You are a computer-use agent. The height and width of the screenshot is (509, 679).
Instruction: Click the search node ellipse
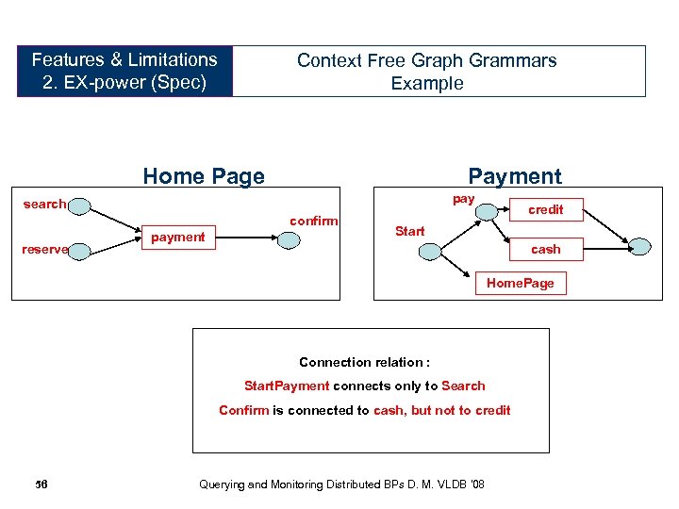(78, 205)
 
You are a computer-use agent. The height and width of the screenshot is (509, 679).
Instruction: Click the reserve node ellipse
(80, 250)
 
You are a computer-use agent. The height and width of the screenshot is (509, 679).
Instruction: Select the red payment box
(177, 237)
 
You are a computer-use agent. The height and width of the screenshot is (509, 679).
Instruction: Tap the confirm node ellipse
(289, 238)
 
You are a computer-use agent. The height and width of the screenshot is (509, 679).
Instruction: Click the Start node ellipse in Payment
(430, 250)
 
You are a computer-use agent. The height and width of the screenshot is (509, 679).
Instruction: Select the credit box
(545, 209)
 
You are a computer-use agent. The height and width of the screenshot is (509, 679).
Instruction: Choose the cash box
(545, 249)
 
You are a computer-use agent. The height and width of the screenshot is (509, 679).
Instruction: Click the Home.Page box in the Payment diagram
(520, 283)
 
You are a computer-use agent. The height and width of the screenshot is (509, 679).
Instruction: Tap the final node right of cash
(639, 247)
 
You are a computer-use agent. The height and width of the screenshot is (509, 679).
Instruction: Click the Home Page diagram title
(204, 176)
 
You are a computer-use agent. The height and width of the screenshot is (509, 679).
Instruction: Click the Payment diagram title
(515, 176)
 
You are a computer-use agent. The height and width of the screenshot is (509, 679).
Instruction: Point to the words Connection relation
(364, 362)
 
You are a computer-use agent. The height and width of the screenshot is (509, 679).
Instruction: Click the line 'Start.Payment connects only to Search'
(364, 386)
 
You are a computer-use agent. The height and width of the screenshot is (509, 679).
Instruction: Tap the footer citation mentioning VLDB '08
(342, 484)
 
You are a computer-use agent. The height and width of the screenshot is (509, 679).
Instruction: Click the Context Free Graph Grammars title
(426, 71)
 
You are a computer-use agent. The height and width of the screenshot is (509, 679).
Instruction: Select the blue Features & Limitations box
(124, 71)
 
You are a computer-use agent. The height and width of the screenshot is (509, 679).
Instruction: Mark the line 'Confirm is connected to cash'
(364, 410)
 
